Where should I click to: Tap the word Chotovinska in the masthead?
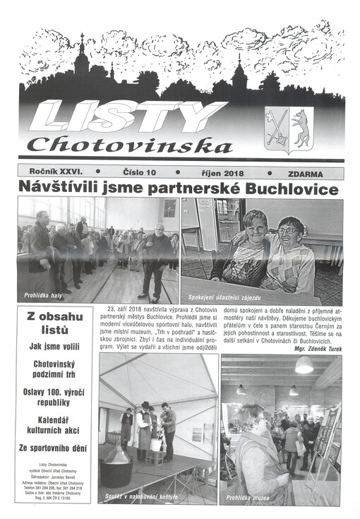131,145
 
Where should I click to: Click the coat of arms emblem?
289,129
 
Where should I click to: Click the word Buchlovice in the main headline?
290,189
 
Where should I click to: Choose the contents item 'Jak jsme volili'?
54,347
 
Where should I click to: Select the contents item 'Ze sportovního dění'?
54,448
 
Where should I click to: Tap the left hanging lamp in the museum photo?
241,389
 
